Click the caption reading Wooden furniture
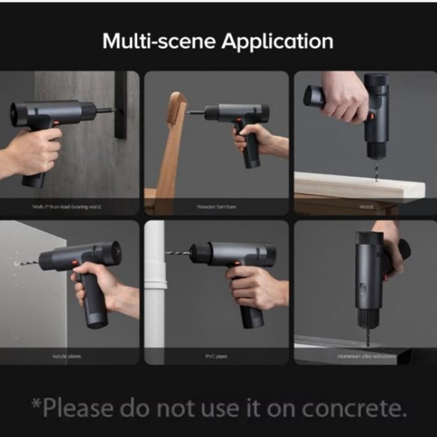coord(216,206)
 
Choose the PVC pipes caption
coord(216,356)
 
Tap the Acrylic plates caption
coord(66,356)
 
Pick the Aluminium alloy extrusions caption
coord(365,356)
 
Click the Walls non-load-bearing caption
coord(66,206)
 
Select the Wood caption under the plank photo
coord(365,206)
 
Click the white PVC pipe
coord(155,290)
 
